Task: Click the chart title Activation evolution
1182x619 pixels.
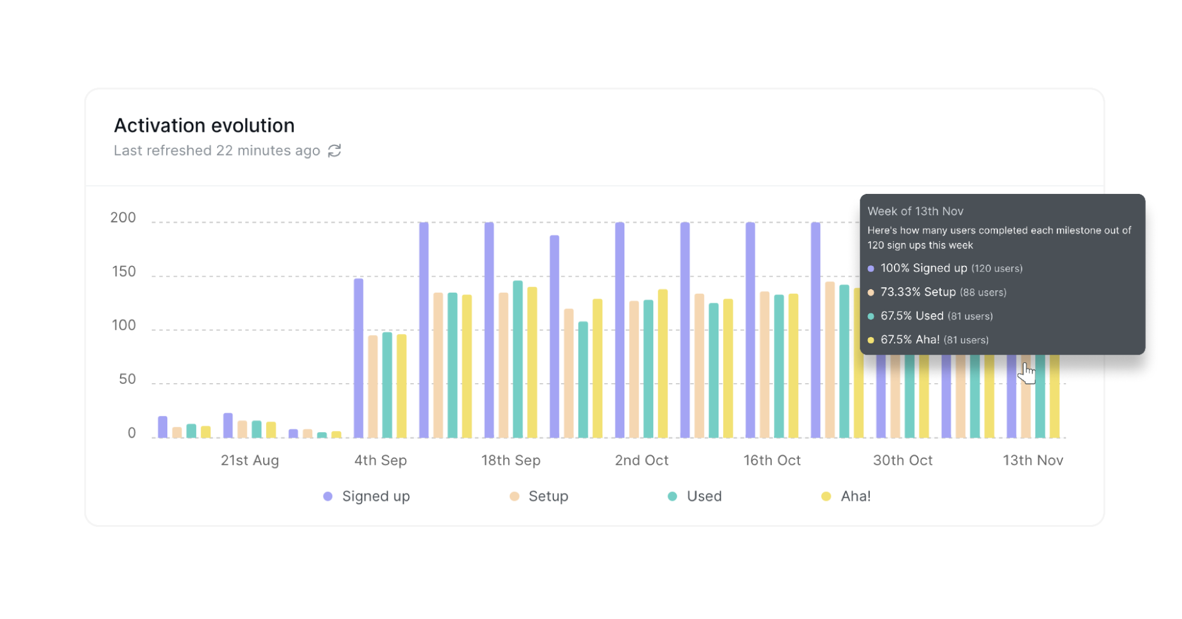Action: [x=204, y=125]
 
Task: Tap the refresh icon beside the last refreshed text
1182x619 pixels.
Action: [x=335, y=151]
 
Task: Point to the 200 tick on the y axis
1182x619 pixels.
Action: [x=123, y=218]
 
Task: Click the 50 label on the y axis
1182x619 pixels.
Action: [x=127, y=379]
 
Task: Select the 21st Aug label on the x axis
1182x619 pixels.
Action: [x=250, y=460]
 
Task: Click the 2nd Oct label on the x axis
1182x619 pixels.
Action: [x=641, y=460]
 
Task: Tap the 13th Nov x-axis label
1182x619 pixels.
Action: [x=1032, y=460]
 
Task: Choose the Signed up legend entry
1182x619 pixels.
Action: [x=367, y=496]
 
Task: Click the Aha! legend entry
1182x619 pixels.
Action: [x=847, y=496]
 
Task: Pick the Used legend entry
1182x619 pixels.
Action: [x=695, y=496]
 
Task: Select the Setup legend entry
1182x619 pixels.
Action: [x=539, y=496]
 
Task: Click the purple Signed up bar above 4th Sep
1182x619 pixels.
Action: [x=358, y=358]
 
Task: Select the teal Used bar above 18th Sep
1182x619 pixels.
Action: [x=517, y=359]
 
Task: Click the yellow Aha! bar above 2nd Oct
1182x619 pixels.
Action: [x=662, y=364]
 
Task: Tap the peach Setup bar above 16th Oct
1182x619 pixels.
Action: [x=765, y=365]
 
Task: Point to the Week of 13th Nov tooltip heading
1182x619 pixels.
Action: [x=915, y=211]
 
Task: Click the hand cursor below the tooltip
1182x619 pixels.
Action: [x=1028, y=373]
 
